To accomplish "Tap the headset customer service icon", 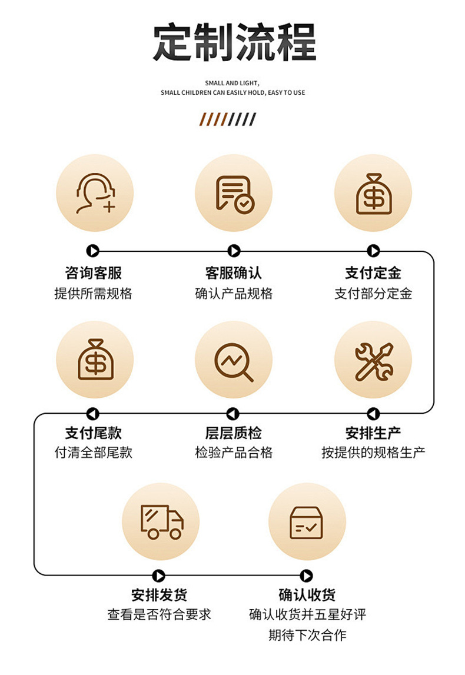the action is (95, 193).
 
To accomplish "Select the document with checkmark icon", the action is (234, 193).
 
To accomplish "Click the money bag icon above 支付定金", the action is (373, 193).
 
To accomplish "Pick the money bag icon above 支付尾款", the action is (95, 359).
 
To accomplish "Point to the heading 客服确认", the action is (234, 273).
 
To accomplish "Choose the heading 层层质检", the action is (234, 434).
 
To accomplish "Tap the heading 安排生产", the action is (373, 434).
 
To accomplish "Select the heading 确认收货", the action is (307, 595).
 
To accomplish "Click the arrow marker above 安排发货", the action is (158, 576).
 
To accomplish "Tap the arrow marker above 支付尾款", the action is (92, 414).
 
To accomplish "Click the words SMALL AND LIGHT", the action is (232, 84).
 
